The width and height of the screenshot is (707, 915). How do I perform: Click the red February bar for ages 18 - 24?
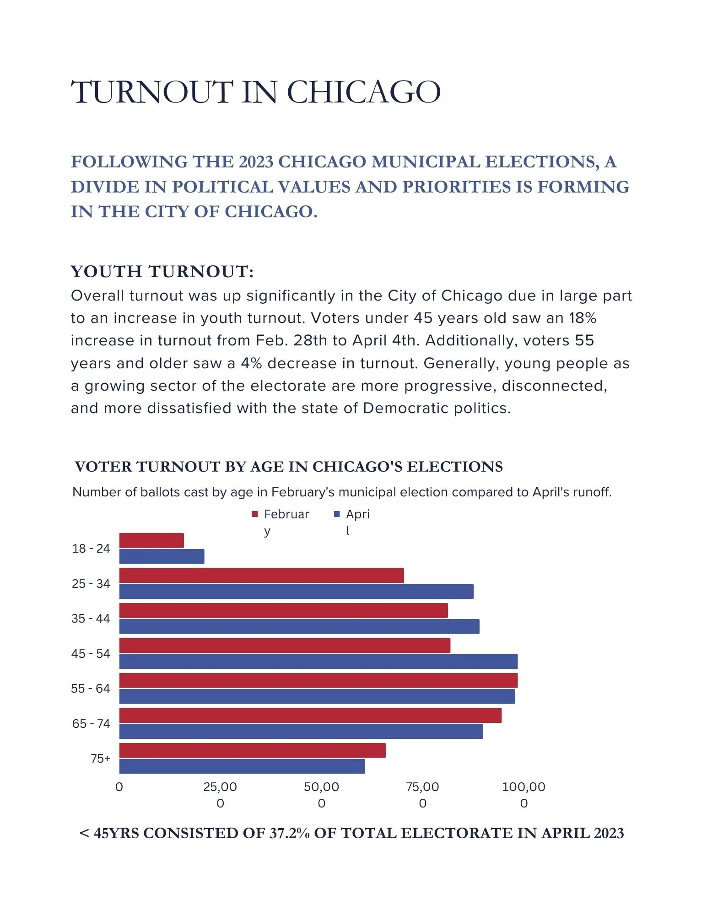click(x=151, y=540)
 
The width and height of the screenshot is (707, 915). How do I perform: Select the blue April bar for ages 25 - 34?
click(x=296, y=592)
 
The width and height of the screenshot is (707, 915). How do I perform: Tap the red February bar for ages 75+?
click(x=252, y=750)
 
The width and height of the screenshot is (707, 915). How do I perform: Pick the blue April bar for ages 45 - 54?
click(x=318, y=662)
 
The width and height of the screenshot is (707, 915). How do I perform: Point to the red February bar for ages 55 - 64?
click(x=318, y=680)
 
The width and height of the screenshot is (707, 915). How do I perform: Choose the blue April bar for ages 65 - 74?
click(x=301, y=731)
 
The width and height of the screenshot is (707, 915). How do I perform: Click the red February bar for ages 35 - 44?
click(x=283, y=610)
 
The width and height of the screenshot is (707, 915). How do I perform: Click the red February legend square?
click(x=255, y=514)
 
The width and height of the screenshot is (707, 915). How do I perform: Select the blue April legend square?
click(x=337, y=514)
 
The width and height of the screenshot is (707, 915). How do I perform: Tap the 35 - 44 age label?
click(x=91, y=619)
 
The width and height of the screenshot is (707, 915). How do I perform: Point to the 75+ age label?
click(x=100, y=759)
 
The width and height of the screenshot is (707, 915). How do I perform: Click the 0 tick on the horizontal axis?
click(x=119, y=787)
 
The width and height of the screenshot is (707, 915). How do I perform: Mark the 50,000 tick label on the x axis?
click(x=322, y=795)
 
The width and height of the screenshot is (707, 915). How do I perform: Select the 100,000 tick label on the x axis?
click(x=524, y=795)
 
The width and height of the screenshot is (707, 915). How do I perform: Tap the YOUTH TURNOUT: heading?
click(x=162, y=271)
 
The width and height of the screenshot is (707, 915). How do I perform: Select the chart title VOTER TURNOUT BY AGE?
click(x=288, y=467)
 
